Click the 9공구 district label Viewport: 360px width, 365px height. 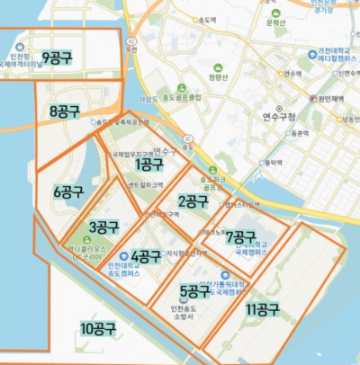(x=58, y=41)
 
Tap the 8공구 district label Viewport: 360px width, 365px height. (x=66, y=111)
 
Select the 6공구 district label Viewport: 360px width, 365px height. (x=69, y=191)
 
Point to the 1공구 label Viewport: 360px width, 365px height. (x=149, y=164)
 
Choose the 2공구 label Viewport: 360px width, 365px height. (x=193, y=200)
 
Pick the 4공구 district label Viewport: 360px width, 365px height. (x=146, y=256)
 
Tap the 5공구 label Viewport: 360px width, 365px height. (x=195, y=291)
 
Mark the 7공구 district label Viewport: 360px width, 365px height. (x=241, y=237)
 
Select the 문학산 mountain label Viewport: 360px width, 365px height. (x=275, y=24)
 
